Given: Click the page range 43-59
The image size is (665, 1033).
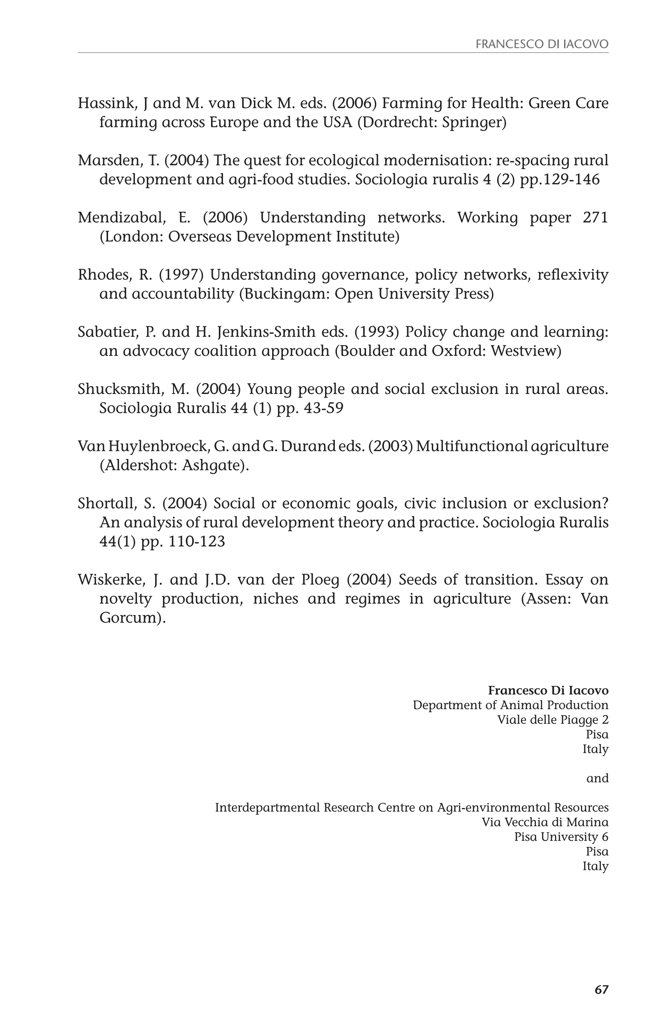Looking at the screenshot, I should coord(323,409).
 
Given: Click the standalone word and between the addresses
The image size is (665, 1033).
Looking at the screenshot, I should coord(597,778).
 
